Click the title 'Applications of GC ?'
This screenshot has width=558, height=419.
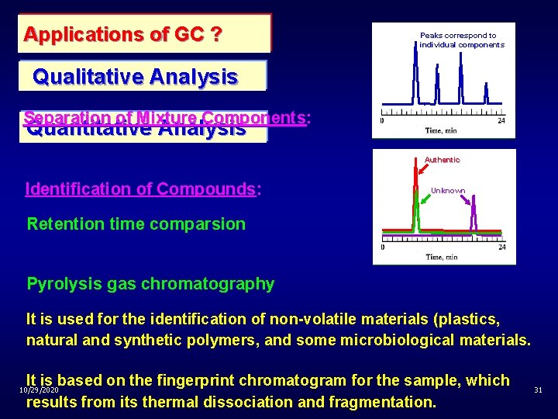click(x=123, y=34)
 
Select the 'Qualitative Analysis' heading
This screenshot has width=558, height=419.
click(x=136, y=77)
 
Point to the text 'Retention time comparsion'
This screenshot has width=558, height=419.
click(x=136, y=224)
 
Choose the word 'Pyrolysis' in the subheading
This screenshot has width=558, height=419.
click(x=60, y=283)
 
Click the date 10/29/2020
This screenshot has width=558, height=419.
click(x=39, y=388)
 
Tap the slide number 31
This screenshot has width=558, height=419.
click(x=538, y=390)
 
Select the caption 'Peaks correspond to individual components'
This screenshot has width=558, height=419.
click(x=461, y=40)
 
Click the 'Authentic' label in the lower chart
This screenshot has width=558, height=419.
click(x=442, y=159)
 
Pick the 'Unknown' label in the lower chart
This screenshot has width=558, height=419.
click(x=448, y=190)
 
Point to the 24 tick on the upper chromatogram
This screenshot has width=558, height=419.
click(x=501, y=120)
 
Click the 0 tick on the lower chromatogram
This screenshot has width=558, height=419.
click(x=383, y=248)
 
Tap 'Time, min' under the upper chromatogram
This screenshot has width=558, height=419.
click(x=442, y=130)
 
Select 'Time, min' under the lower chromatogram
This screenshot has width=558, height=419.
click(x=442, y=257)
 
